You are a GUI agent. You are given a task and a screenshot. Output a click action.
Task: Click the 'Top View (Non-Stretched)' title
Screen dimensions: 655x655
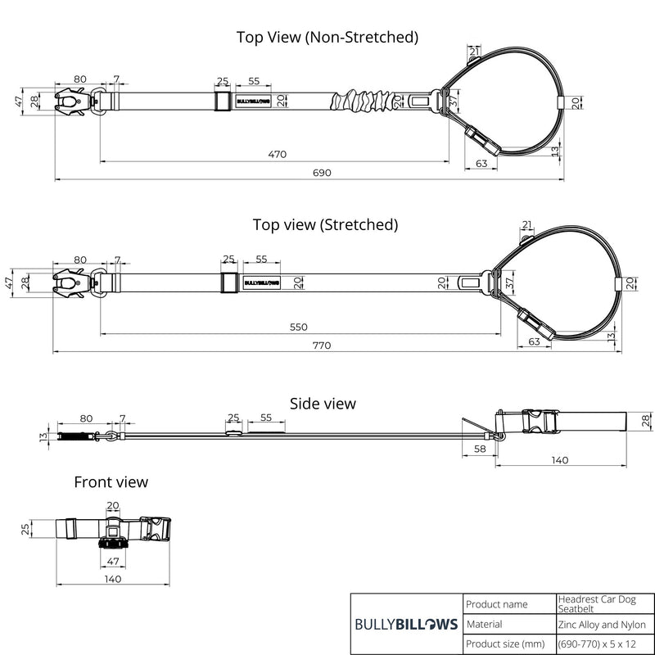tap(327, 37)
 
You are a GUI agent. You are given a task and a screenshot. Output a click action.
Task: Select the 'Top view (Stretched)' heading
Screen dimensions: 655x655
tap(325, 224)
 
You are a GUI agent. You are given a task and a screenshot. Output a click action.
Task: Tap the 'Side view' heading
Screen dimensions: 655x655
tap(323, 403)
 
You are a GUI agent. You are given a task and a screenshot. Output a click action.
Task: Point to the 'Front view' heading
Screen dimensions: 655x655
tap(111, 481)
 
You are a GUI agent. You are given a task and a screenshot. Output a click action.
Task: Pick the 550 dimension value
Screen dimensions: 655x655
tap(298, 327)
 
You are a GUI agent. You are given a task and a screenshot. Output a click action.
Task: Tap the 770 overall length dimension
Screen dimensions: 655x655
tap(321, 346)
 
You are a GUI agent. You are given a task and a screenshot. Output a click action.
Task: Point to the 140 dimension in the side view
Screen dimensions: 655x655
tap(559, 460)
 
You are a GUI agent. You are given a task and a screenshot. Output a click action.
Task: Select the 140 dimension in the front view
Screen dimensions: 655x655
tap(113, 579)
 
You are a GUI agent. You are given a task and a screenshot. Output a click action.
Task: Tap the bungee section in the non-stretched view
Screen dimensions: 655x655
tap(360, 102)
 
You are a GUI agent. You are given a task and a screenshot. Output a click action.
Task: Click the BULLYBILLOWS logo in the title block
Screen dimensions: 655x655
tap(406, 624)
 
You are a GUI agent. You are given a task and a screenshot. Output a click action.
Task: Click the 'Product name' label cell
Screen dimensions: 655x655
tap(497, 604)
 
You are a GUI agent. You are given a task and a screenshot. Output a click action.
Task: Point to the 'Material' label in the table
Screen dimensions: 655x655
tap(486, 625)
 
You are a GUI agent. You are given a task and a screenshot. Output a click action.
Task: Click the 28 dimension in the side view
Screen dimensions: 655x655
tap(645, 420)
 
